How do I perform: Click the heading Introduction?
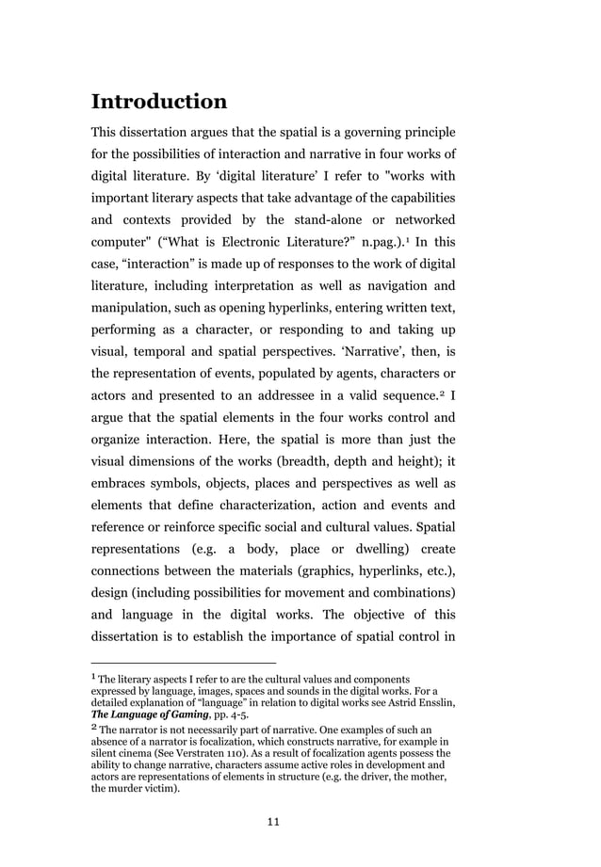click(158, 101)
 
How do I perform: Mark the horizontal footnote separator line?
click(183, 663)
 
